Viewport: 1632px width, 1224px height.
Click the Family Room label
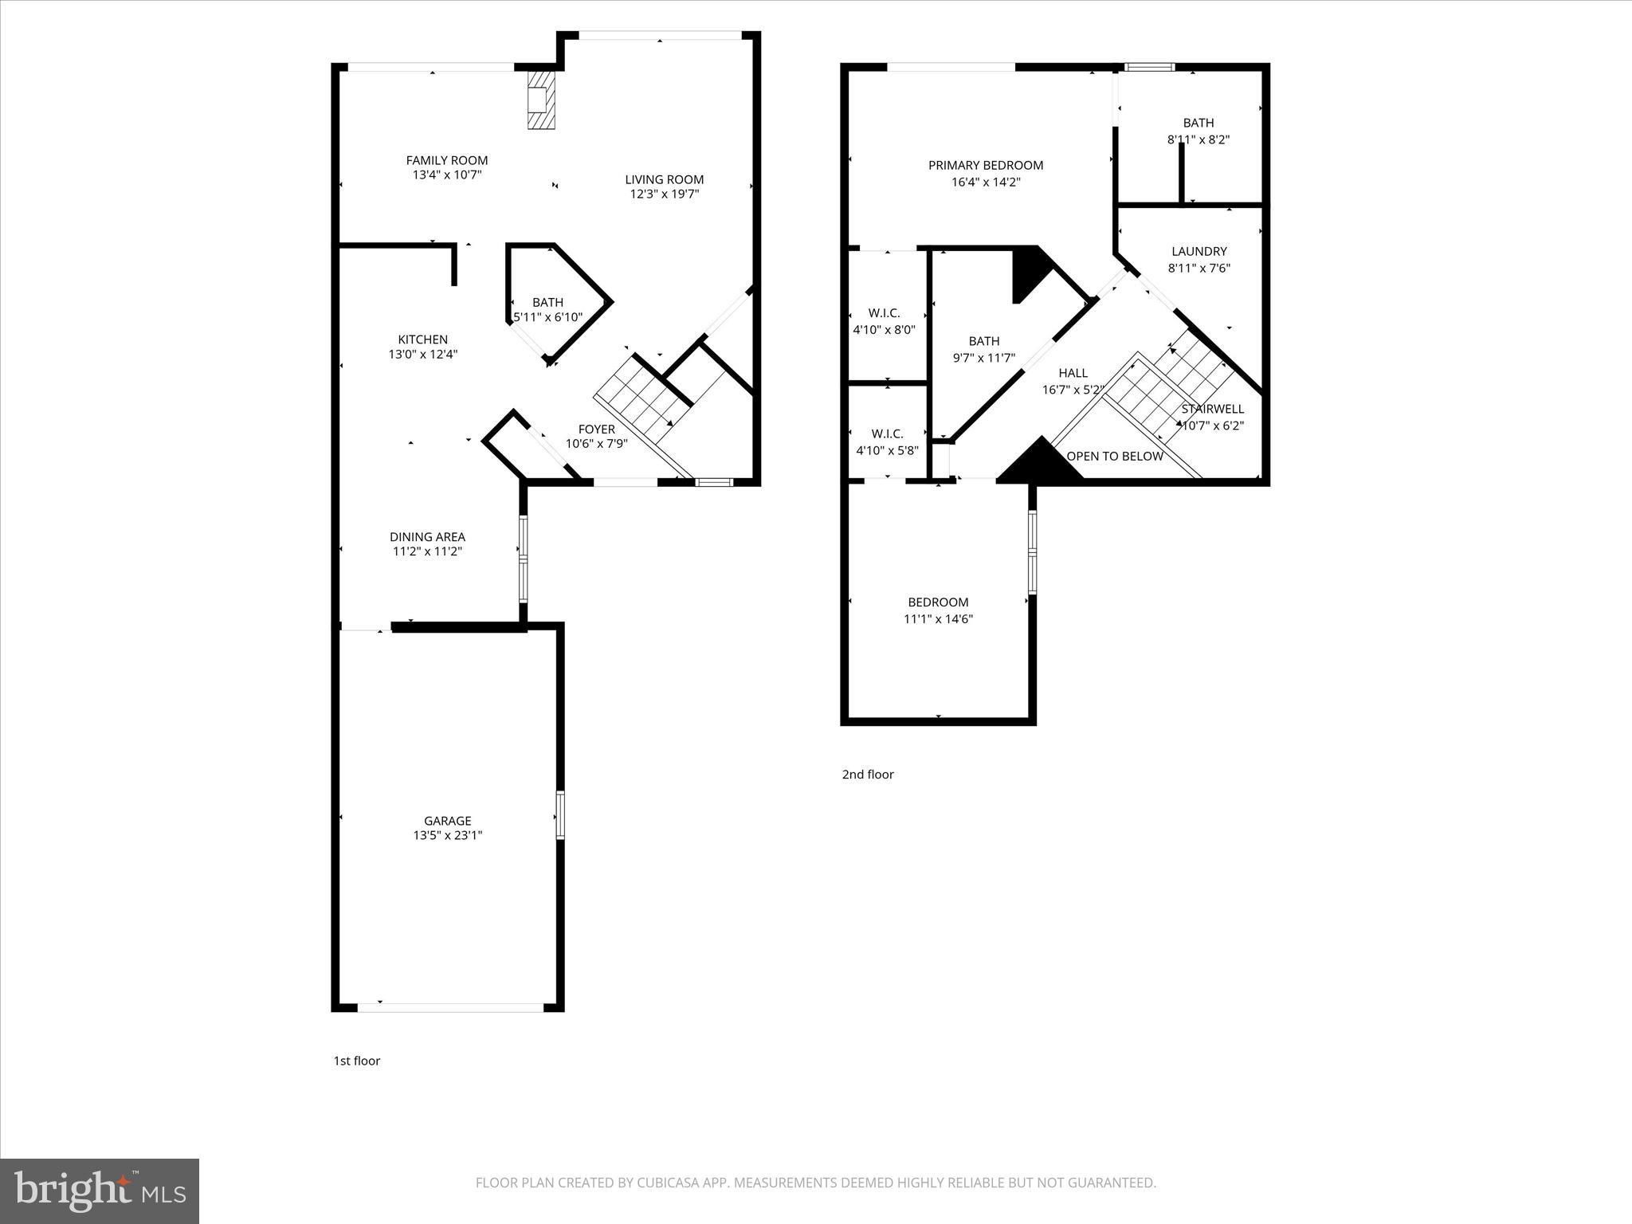(x=446, y=160)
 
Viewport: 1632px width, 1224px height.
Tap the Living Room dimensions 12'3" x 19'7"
(x=664, y=194)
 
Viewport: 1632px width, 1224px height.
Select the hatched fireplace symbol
(x=541, y=100)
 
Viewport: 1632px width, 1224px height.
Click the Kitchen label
(x=422, y=339)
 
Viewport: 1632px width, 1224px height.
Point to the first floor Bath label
(x=547, y=302)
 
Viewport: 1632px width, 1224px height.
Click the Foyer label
(x=596, y=430)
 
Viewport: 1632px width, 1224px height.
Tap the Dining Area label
(x=427, y=537)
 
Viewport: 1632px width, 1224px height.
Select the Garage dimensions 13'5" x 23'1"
(x=447, y=835)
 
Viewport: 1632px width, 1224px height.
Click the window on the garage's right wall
(x=560, y=814)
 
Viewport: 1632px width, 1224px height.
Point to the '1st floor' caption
(x=356, y=1061)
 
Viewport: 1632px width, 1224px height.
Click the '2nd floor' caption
(x=868, y=775)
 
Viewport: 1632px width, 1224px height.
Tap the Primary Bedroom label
(x=985, y=166)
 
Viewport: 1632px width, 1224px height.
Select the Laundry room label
(x=1198, y=252)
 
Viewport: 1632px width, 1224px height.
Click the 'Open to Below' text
(x=1114, y=457)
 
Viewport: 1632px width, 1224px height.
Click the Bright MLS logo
(x=100, y=1191)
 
